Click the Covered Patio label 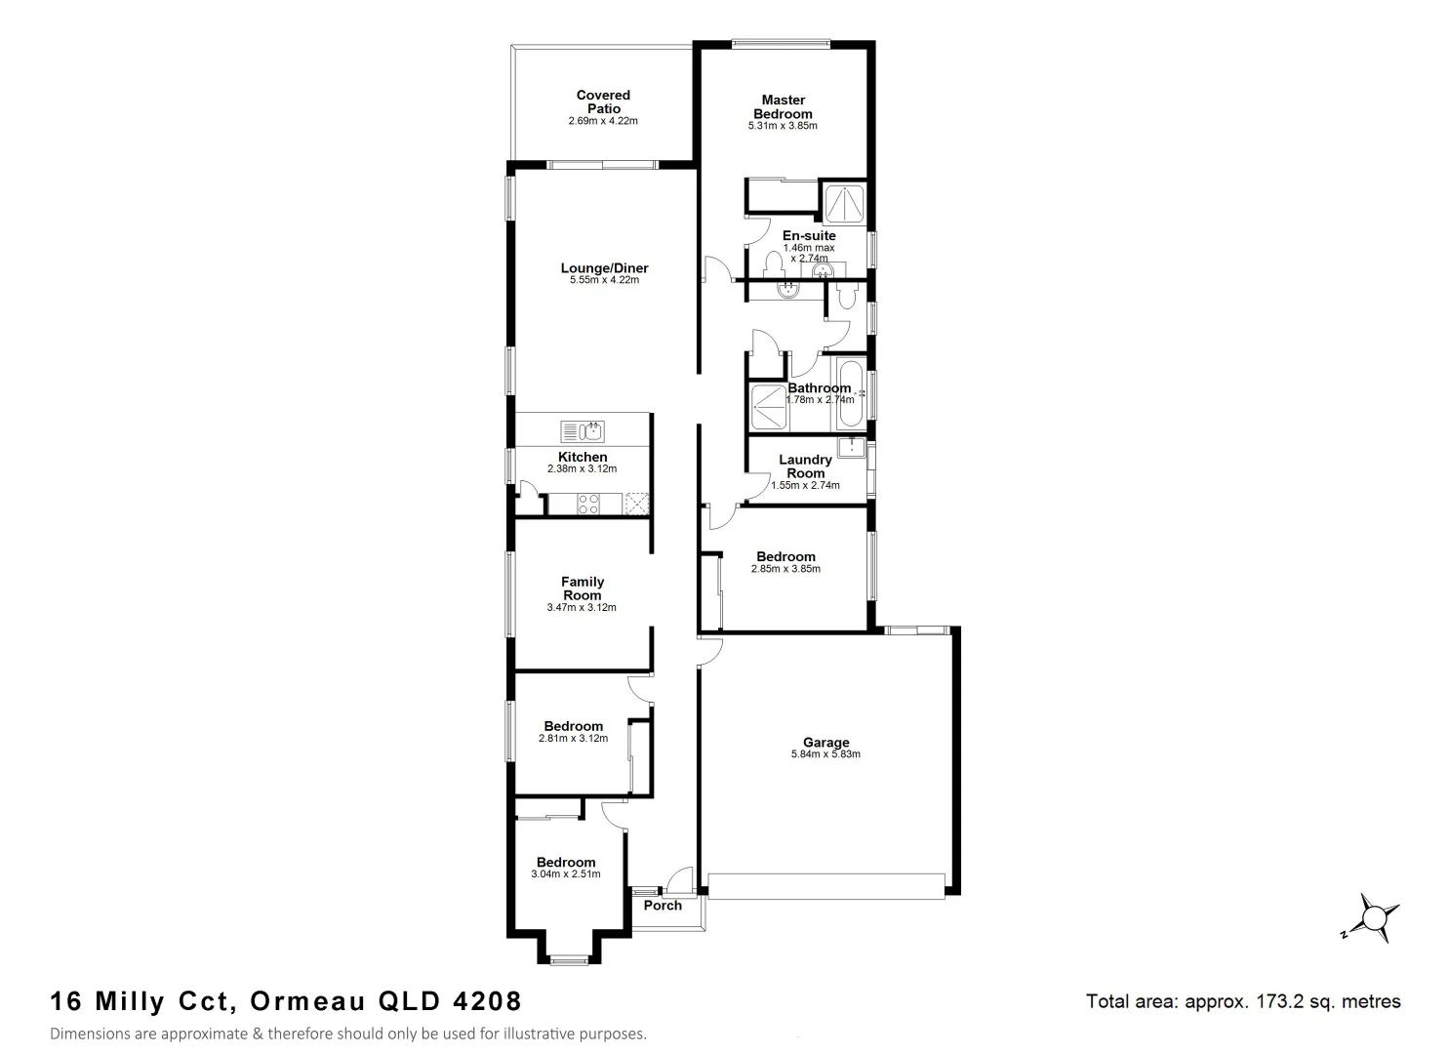click(x=603, y=101)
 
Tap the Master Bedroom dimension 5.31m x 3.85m click(x=782, y=126)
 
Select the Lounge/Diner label click(x=604, y=268)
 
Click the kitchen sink click(x=583, y=430)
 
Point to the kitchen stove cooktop click(x=588, y=504)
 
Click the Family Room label click(x=582, y=588)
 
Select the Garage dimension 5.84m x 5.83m click(x=825, y=754)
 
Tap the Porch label click(x=664, y=906)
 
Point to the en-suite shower click(x=843, y=203)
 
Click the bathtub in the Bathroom click(x=850, y=394)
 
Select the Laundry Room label click(x=805, y=466)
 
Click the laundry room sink click(x=853, y=448)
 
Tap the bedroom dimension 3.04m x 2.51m click(x=565, y=874)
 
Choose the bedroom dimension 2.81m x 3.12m click(x=573, y=739)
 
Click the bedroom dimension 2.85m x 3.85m click(x=785, y=569)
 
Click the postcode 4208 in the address click(x=488, y=1001)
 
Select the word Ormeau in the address click(x=307, y=1001)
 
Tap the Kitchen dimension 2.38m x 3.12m click(x=582, y=469)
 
